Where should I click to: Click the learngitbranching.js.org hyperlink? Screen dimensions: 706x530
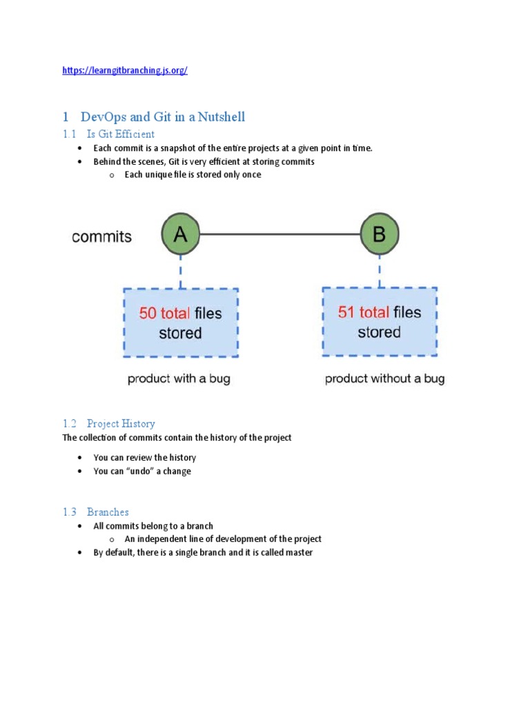coord(124,70)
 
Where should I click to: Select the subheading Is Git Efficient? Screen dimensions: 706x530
coord(121,134)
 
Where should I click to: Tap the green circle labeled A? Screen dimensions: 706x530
coord(180,235)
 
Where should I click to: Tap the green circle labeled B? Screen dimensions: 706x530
coord(380,234)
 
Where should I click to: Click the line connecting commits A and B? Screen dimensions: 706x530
coord(279,234)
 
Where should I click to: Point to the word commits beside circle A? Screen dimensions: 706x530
coord(101,236)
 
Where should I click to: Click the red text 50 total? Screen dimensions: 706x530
coord(164,314)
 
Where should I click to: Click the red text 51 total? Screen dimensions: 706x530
coord(363,312)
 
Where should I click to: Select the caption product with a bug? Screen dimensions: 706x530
coord(179,379)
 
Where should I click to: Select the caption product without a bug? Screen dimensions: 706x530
coord(384,379)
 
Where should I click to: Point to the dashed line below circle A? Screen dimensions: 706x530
coord(180,272)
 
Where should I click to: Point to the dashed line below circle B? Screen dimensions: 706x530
coord(380,270)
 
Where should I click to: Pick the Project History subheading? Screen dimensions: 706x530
coord(121,423)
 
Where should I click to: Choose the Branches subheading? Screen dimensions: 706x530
coord(108,512)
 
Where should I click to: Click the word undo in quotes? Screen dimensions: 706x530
coord(139,472)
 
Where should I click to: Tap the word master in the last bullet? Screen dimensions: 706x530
coord(298,553)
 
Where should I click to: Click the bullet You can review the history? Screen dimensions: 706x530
coord(145,458)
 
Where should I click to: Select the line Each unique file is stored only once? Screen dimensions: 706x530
coord(193,174)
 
